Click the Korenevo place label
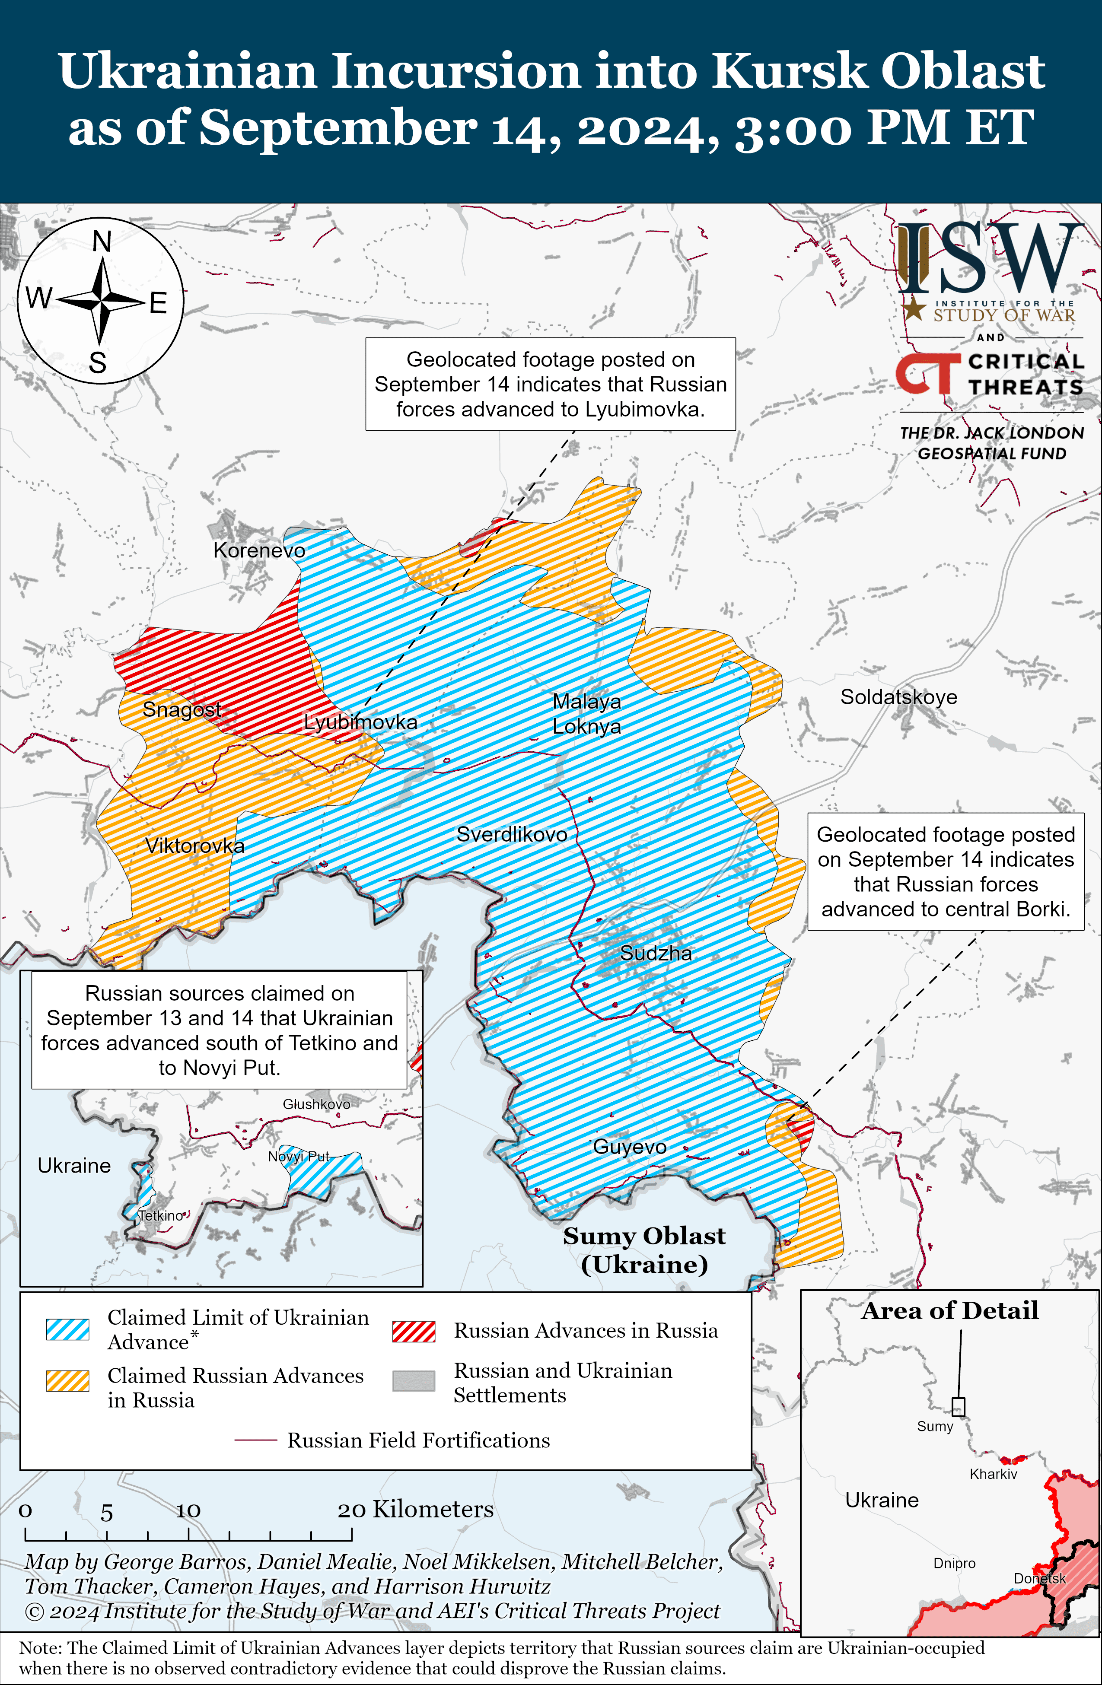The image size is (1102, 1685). (259, 550)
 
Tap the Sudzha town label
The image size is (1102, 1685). (656, 953)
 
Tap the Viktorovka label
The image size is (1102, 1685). (195, 846)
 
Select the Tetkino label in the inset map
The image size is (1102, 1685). (161, 1216)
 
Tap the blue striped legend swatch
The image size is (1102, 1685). (68, 1329)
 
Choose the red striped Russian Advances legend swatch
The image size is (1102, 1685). (414, 1331)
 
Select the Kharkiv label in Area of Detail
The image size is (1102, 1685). (993, 1474)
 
